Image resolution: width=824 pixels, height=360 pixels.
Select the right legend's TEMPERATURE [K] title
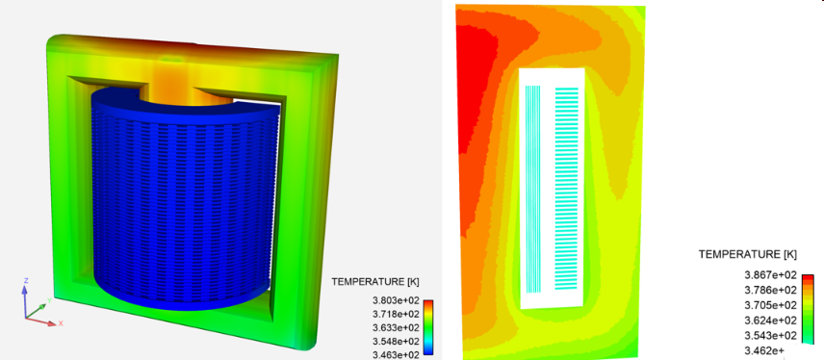point(748,254)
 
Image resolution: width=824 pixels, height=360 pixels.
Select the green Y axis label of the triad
point(45,300)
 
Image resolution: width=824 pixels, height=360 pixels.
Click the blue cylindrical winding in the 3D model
point(173,212)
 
